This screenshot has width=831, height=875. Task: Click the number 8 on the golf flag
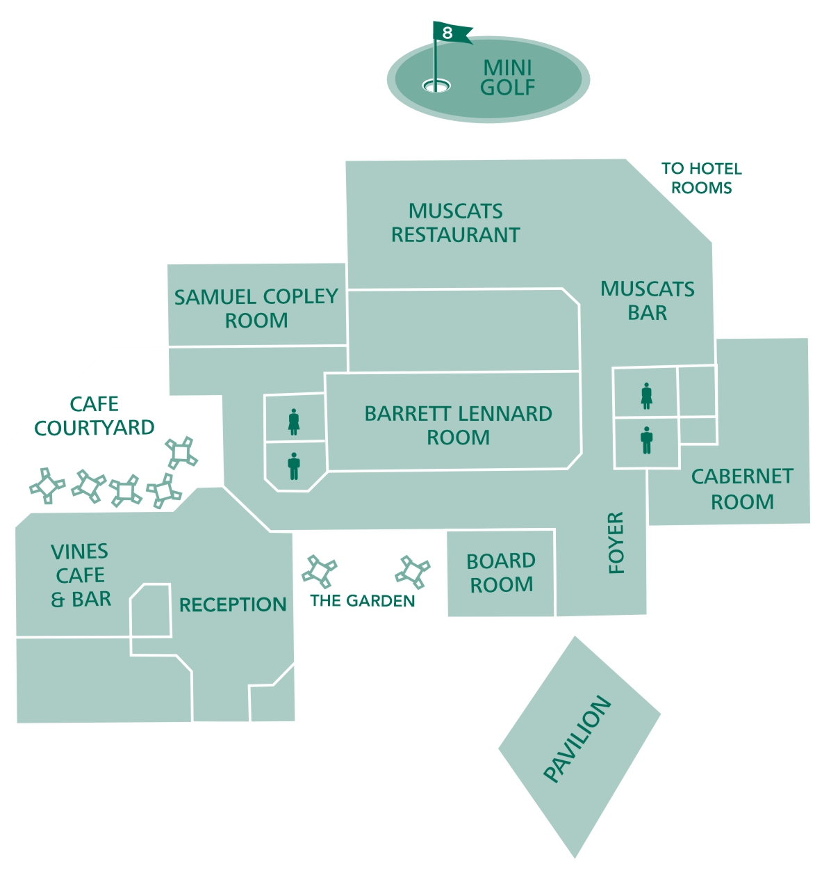447,33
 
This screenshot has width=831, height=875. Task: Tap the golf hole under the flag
436,86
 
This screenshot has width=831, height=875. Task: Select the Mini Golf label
508,77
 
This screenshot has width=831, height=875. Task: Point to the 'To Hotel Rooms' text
701,178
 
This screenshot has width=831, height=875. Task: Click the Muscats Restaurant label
456,223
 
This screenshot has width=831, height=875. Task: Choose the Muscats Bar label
648,300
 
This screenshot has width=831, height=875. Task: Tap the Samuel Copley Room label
256,308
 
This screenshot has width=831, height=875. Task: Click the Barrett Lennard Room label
459,425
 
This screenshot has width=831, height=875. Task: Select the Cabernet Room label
742,489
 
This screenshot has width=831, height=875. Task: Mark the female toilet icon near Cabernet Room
646,395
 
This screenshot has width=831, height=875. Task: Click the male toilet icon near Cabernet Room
647,440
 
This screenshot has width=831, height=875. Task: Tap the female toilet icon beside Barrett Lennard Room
294,422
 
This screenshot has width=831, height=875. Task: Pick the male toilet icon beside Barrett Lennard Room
294,466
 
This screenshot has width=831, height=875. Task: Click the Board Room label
501,572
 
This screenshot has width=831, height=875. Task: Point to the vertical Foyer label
616,543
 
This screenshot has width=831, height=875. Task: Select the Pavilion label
577,739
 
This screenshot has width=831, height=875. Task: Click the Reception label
233,604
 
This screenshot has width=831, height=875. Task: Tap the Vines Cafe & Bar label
81,575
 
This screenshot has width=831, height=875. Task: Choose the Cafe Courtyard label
94,415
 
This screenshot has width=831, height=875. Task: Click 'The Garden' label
363,601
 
